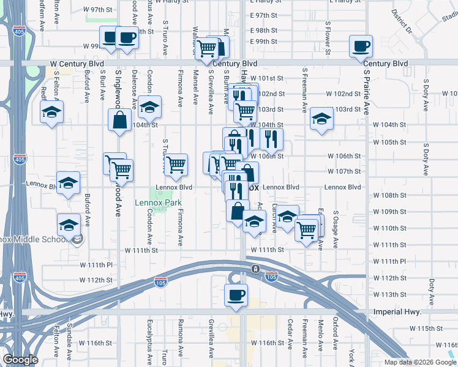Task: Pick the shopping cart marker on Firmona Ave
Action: pos(176,164)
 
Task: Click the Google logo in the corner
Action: pos(20,360)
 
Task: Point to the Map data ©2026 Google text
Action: pos(420,362)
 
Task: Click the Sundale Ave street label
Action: pos(70,340)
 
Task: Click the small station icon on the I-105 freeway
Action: pos(255,269)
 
